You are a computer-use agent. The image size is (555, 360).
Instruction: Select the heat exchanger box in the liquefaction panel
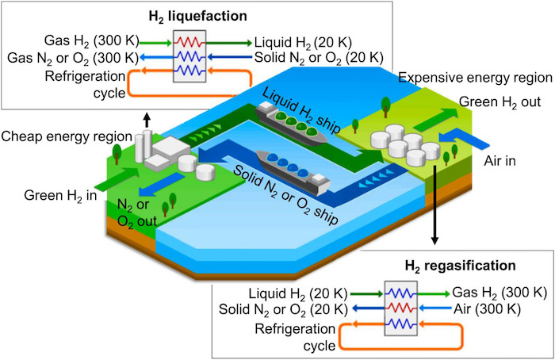point(189,56)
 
